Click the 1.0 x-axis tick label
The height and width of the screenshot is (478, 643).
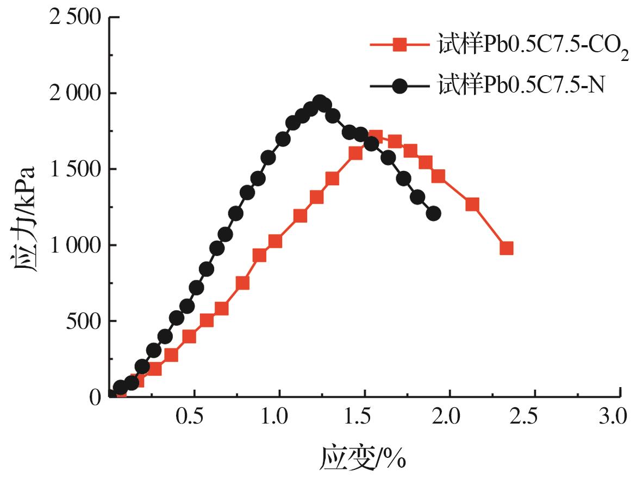(x=279, y=418)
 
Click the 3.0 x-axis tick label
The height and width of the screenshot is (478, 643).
(x=613, y=418)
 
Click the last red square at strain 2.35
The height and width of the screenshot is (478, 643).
(x=507, y=248)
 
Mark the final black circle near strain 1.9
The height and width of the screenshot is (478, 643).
(x=433, y=213)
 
